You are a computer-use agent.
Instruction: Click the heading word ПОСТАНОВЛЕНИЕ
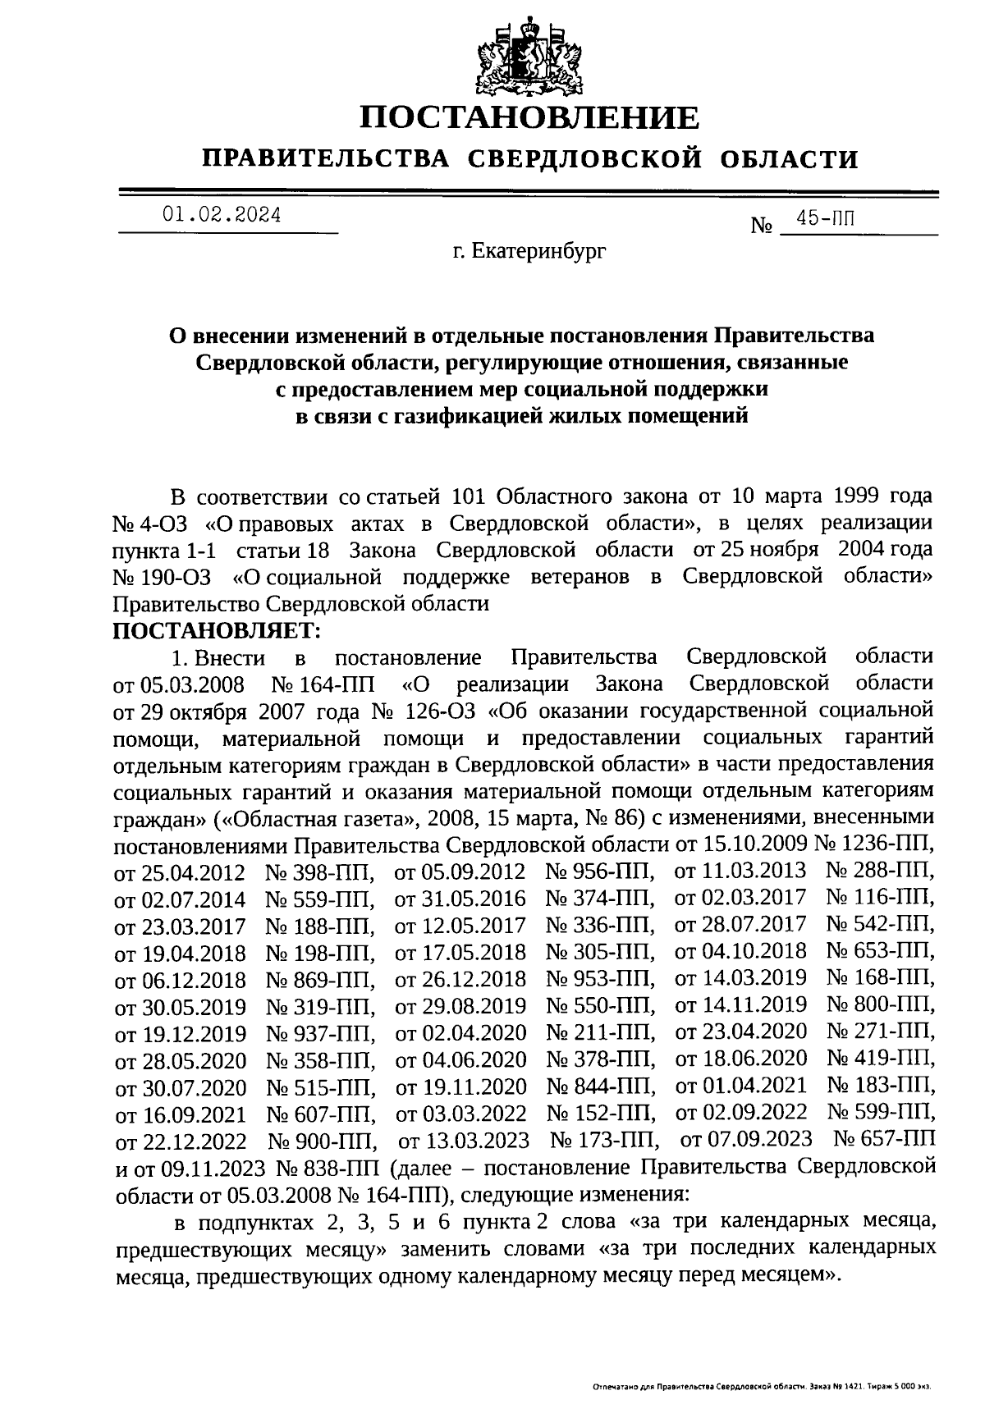tap(530, 119)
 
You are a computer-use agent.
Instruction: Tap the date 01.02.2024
tap(222, 216)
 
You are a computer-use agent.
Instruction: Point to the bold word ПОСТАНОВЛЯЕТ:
tap(218, 631)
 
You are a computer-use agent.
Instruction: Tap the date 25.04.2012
tap(193, 871)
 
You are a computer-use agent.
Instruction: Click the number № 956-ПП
tap(600, 871)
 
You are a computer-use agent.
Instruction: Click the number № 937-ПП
tap(321, 1032)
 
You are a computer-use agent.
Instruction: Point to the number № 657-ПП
tap(883, 1139)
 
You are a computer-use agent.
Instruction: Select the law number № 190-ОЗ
tap(162, 578)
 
